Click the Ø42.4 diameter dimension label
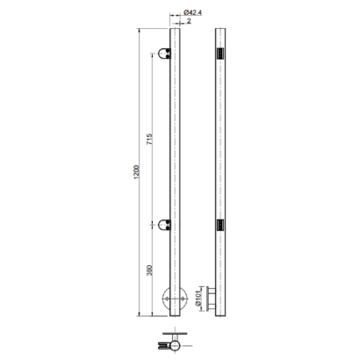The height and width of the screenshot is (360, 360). (x=193, y=12)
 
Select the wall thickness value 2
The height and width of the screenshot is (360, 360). (x=189, y=21)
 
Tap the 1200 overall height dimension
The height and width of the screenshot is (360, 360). (x=136, y=172)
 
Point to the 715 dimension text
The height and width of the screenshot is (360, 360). (x=149, y=140)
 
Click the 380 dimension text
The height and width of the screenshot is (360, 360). (x=149, y=270)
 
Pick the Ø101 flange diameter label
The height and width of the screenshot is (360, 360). (x=199, y=299)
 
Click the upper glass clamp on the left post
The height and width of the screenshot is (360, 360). (x=164, y=54)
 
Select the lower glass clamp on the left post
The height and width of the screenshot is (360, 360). (x=164, y=225)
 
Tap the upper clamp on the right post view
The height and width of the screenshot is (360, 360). (x=220, y=54)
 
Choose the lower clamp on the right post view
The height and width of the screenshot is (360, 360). (x=220, y=226)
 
